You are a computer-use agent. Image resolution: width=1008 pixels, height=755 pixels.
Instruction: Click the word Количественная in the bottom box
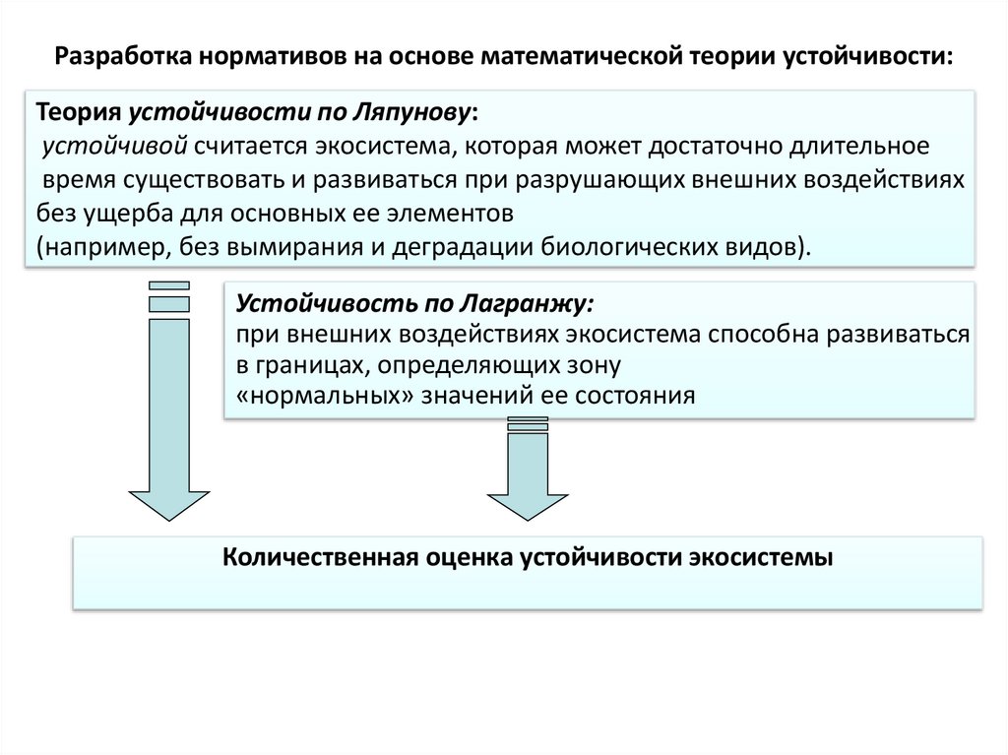point(323,557)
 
